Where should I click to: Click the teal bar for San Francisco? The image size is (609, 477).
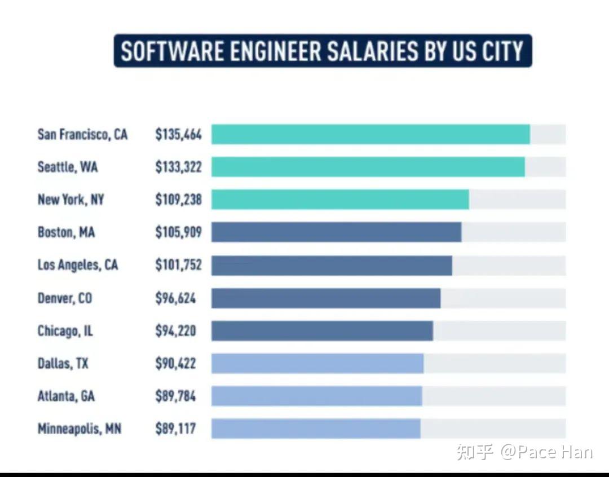(x=370, y=134)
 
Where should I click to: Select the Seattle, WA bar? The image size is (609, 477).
(x=368, y=167)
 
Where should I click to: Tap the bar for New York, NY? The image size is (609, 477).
(x=340, y=200)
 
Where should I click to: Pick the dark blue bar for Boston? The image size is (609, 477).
(x=336, y=232)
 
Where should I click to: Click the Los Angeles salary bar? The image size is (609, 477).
(x=332, y=265)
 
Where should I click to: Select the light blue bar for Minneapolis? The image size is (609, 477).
(x=316, y=429)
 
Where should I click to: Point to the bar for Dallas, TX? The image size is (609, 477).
(x=317, y=364)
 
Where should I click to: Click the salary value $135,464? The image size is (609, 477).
(x=178, y=135)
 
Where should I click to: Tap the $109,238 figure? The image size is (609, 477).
(x=178, y=200)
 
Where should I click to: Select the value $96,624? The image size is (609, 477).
(x=175, y=298)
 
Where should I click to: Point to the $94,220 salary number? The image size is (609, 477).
(x=175, y=330)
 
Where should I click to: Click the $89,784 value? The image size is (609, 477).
(x=175, y=396)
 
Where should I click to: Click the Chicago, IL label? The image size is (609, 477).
(x=65, y=331)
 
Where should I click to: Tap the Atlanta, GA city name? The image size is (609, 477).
(x=66, y=396)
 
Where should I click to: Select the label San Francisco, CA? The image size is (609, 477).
(x=82, y=135)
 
